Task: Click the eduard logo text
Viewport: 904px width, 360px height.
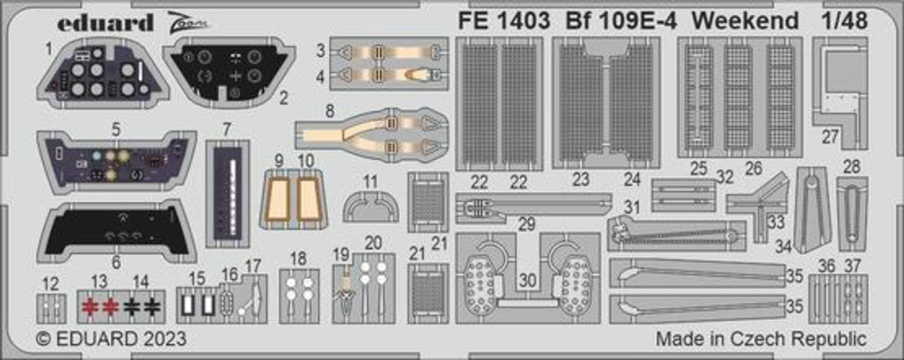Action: click(x=105, y=23)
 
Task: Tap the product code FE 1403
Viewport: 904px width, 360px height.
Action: click(x=504, y=21)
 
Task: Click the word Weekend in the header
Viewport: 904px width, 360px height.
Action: click(x=746, y=21)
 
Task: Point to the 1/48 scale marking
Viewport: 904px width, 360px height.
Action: click(x=845, y=21)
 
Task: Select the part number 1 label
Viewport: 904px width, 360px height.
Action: click(x=49, y=49)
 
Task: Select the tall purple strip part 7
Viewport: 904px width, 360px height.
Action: click(x=227, y=192)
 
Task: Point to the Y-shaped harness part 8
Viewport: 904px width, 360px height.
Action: click(x=371, y=133)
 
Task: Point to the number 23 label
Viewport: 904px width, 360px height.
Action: click(x=581, y=181)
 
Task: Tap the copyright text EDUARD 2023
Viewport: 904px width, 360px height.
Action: click(x=112, y=339)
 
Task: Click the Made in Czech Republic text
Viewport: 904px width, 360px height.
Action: click(x=761, y=339)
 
